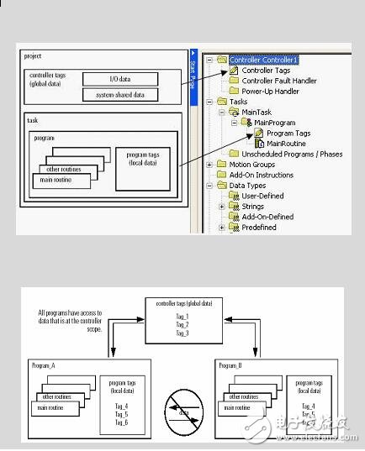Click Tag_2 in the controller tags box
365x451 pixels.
182,323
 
